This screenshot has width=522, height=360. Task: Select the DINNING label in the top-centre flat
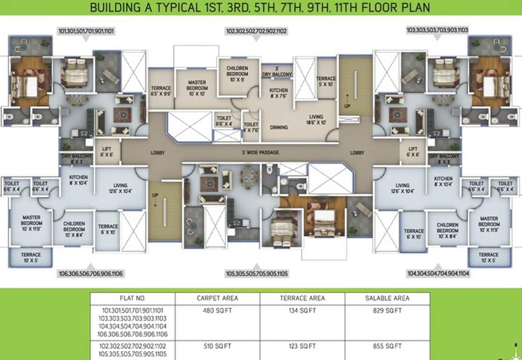coord(278,127)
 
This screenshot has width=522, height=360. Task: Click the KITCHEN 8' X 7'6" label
coord(278,93)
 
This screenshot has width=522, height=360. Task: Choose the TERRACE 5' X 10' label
coord(326,81)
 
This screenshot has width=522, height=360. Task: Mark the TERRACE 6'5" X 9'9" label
coord(161,91)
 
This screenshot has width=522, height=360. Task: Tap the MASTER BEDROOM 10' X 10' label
coord(197,85)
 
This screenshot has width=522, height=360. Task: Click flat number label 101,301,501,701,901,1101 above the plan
coord(87,31)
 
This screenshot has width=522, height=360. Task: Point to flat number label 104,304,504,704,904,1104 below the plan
coord(439,273)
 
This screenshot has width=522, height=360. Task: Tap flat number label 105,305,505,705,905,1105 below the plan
coord(257,273)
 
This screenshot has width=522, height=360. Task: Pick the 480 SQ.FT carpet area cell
coord(217,310)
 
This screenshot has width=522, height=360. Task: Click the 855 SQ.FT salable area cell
coord(387,346)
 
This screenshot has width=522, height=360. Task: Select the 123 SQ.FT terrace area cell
coord(302,346)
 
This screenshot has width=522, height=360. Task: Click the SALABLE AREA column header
coord(387,298)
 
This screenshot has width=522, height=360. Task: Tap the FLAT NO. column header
coord(133,298)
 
